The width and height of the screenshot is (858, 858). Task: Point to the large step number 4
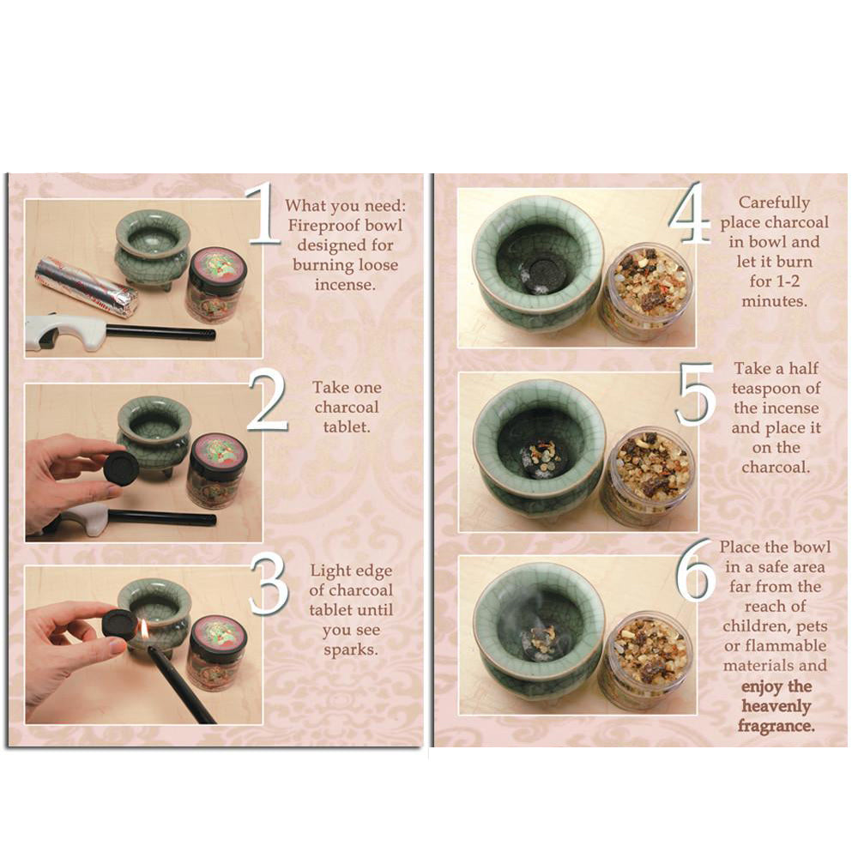689,213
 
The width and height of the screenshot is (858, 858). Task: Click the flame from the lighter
144,629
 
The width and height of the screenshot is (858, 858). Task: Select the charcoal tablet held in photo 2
121,468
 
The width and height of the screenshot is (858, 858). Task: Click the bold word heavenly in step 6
776,706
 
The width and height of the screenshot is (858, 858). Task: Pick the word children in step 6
762,626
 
